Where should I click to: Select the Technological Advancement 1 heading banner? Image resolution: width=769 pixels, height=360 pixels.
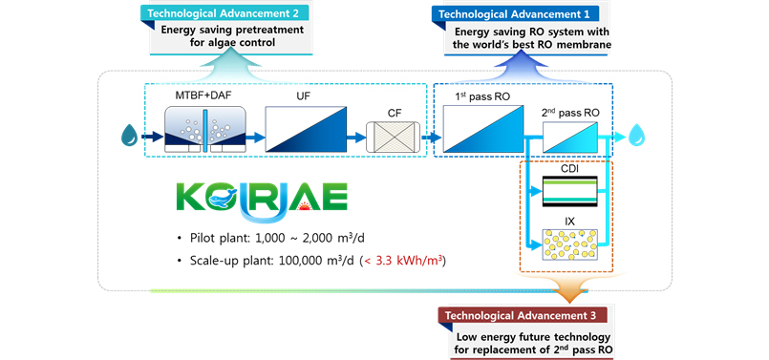[515, 13]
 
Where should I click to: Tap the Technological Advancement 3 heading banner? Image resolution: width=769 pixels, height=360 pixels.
[522, 315]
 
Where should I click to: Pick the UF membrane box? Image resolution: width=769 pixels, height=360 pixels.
[306, 129]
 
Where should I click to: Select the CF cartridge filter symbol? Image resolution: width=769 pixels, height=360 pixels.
[393, 137]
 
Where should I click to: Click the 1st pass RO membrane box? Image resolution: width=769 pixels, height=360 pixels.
[484, 129]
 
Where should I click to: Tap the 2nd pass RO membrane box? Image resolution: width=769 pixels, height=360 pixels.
[571, 137]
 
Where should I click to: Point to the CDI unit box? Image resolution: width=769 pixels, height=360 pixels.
[570, 192]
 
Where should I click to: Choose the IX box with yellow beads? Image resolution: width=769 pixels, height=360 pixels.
[570, 244]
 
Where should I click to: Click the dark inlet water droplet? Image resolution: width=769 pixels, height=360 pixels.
[130, 136]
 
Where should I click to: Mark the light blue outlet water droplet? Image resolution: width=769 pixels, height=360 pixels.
[637, 136]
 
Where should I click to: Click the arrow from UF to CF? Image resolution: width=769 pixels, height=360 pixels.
[356, 138]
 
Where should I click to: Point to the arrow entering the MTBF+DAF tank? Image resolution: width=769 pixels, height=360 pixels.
[153, 137]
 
